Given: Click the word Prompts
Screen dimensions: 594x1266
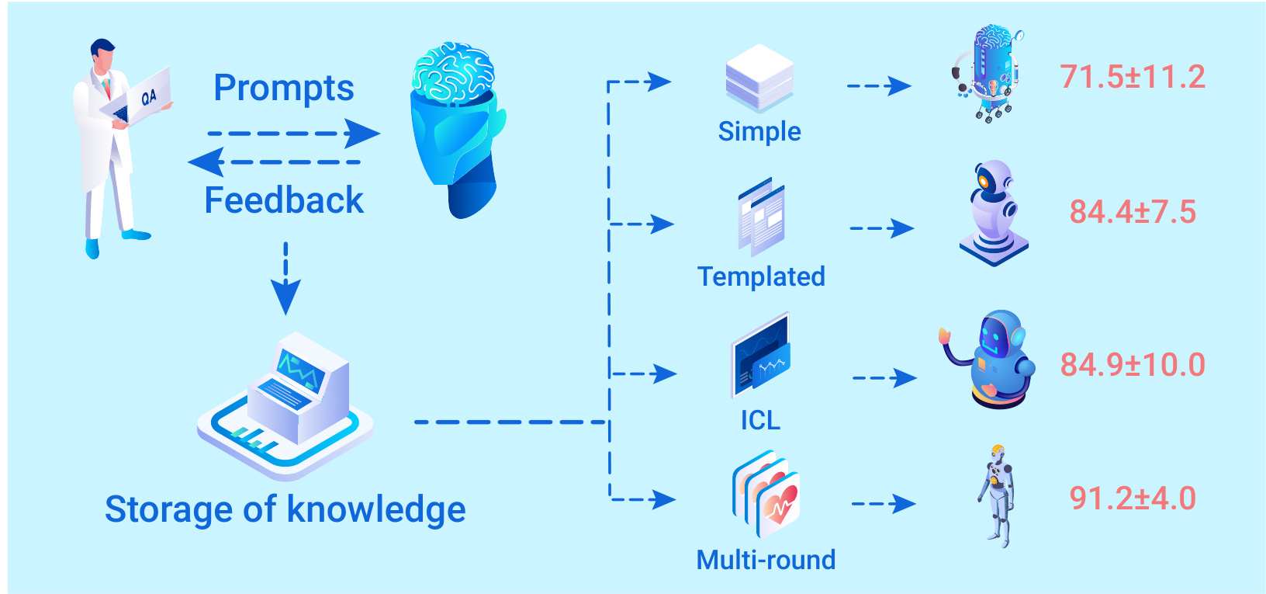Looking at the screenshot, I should [x=284, y=89].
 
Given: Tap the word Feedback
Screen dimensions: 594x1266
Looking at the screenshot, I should [x=284, y=200].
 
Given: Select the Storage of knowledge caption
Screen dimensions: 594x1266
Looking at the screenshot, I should [x=285, y=510].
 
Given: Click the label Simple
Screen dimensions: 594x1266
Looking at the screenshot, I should [x=759, y=131].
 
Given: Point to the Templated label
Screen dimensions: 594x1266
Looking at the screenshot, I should [x=761, y=276].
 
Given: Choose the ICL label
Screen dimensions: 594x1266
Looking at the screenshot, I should [x=760, y=420].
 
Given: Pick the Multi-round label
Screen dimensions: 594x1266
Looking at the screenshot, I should [x=766, y=560].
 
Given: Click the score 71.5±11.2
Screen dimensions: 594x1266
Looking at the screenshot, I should [x=1133, y=77].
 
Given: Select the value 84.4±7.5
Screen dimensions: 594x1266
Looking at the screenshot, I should [x=1133, y=212].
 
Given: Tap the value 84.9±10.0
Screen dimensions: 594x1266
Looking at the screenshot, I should [x=1133, y=365].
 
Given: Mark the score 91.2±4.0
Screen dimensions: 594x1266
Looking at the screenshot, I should [x=1133, y=498].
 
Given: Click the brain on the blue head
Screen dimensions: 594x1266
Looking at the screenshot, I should [x=452, y=71].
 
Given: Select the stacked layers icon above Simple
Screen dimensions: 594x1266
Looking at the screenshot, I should [x=759, y=78].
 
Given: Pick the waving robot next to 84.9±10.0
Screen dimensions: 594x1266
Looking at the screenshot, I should [x=993, y=359].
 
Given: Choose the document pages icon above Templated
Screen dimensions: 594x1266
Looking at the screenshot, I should [x=762, y=217].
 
